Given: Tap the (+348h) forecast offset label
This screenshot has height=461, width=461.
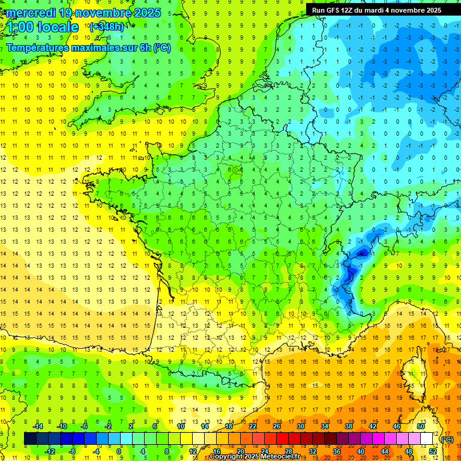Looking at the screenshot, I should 107,26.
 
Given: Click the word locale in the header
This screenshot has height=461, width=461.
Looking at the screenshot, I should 58,27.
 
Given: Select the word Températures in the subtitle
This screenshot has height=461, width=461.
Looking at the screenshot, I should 37,47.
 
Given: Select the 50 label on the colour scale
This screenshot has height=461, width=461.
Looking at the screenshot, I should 420,426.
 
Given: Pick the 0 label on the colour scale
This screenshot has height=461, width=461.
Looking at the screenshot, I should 119,451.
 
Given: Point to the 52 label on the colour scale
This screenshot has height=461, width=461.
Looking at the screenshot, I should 433,451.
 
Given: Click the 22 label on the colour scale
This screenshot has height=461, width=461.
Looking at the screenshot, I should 253,426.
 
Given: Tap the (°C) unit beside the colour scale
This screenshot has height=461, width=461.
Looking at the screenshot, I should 447,439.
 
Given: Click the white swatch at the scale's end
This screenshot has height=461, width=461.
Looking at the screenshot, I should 426,438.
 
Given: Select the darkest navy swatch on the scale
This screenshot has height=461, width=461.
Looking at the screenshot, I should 30,438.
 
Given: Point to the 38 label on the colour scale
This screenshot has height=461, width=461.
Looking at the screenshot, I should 348,426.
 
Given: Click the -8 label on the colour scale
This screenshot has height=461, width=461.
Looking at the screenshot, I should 72,451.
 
